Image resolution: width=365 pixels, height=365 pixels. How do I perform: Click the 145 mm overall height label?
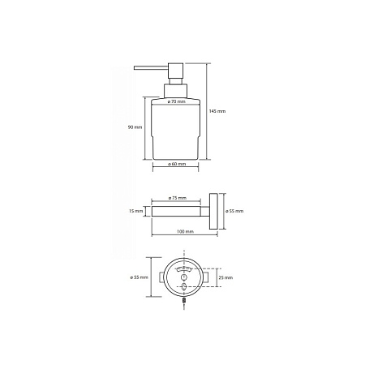point(217,111)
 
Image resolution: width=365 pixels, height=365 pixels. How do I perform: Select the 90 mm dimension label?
point(135,127)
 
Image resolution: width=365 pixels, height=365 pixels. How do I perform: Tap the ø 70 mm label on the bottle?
point(177,101)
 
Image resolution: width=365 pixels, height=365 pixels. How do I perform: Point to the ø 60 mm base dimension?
point(177,164)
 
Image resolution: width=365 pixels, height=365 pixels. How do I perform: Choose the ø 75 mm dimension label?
point(178,198)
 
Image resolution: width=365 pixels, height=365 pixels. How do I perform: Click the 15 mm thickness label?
point(135,211)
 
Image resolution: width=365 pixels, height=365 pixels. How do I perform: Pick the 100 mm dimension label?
point(185,232)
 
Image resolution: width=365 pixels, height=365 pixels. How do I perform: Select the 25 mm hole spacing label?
point(225,277)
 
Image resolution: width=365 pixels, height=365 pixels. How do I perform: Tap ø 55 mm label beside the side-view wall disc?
point(234,211)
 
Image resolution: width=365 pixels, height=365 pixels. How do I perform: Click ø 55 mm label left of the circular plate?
point(139,277)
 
